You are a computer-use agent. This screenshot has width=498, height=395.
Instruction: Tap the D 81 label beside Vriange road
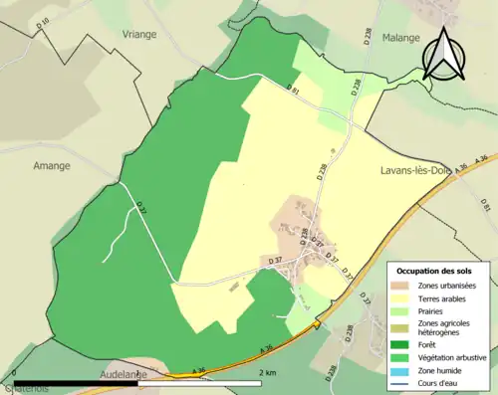[293, 90]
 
